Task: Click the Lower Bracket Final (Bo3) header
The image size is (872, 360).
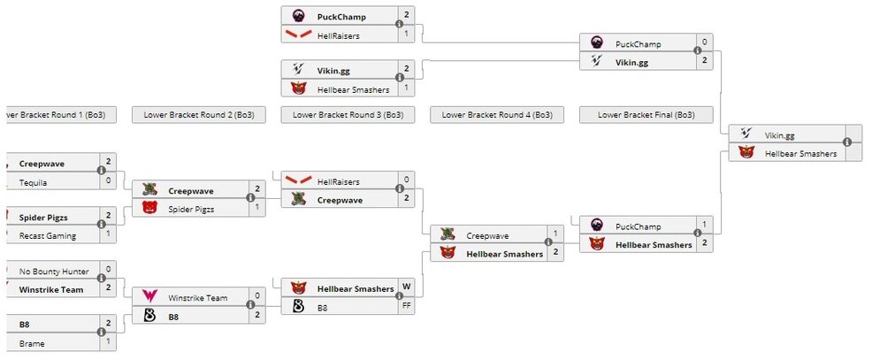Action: pyautogui.click(x=646, y=115)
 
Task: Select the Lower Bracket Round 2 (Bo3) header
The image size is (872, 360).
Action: pyautogui.click(x=198, y=115)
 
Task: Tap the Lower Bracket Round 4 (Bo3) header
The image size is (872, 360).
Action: pyautogui.click(x=497, y=115)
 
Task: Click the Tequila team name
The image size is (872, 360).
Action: pyautogui.click(x=34, y=182)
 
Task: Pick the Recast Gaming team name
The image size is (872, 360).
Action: pyautogui.click(x=48, y=236)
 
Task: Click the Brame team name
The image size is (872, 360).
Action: pyautogui.click(x=32, y=343)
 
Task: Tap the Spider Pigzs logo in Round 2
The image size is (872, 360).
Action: pyautogui.click(x=149, y=209)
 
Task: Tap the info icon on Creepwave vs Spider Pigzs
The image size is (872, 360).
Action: pyautogui.click(x=251, y=199)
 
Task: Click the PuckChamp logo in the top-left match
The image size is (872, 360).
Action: pyautogui.click(x=299, y=16)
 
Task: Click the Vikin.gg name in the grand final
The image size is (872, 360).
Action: pyautogui.click(x=779, y=135)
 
